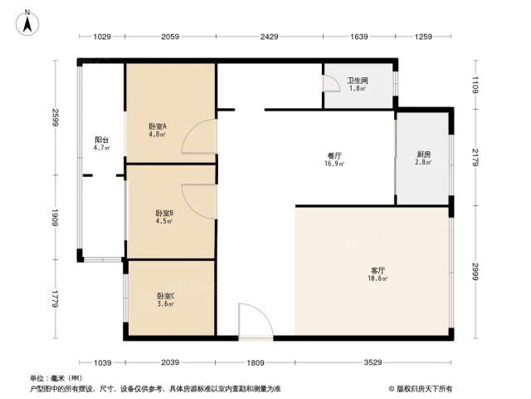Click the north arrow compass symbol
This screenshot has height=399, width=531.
pyautogui.click(x=27, y=23)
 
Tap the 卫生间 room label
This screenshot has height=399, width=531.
pyautogui.click(x=358, y=81)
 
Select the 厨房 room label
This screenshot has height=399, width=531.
pyautogui.click(x=424, y=155)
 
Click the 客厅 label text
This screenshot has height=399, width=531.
pyautogui.click(x=378, y=270)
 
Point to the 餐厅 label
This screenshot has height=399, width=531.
pyautogui.click(x=334, y=155)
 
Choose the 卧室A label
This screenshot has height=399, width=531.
pyautogui.click(x=158, y=126)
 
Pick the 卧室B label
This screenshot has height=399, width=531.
pyautogui.click(x=164, y=213)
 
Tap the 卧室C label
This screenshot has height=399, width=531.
pyautogui.click(x=166, y=296)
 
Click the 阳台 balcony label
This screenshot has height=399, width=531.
pyautogui.click(x=101, y=140)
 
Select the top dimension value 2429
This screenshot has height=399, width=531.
pyautogui.click(x=269, y=37)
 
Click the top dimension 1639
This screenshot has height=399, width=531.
pyautogui.click(x=359, y=37)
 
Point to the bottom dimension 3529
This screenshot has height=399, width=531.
pyautogui.click(x=373, y=362)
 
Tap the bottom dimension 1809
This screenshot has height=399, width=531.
pyautogui.click(x=256, y=363)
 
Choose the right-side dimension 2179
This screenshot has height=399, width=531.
pyautogui.click(x=475, y=157)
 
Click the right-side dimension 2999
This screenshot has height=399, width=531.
pyautogui.click(x=475, y=272)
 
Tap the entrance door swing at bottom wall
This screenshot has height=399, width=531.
pyautogui.click(x=264, y=313)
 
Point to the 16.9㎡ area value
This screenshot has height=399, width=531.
pyautogui.click(x=334, y=164)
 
